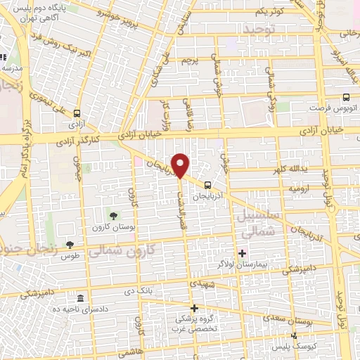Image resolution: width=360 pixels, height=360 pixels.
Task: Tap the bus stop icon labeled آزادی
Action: [77, 112]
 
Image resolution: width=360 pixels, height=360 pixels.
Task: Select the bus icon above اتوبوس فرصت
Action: [345, 98]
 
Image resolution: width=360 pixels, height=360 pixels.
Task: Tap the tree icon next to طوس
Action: [70, 244]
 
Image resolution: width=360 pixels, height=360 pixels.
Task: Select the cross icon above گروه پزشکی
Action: [195, 308]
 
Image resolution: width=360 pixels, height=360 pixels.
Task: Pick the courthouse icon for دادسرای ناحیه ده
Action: [81, 299]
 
